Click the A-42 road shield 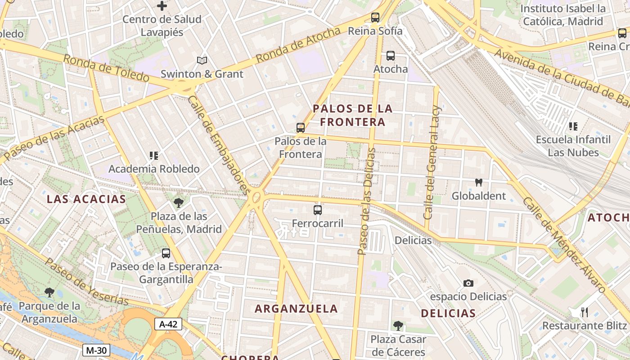point(169,324)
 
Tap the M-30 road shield point(96,350)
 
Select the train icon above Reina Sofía point(375,18)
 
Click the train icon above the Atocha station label point(391,56)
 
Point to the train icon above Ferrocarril point(318,210)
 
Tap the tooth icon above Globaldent point(479,183)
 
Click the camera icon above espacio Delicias point(468,283)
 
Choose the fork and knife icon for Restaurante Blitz point(585,312)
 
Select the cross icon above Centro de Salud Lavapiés point(162,6)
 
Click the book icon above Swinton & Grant point(202,60)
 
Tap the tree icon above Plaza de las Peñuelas point(179,203)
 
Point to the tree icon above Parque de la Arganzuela point(49,293)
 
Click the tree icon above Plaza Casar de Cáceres point(398,325)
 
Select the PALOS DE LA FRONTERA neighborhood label point(353,115)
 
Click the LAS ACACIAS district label point(86,199)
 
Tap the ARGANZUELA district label point(296,309)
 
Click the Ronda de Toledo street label point(106,68)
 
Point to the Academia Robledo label point(154,169)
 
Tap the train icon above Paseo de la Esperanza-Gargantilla point(166,253)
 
